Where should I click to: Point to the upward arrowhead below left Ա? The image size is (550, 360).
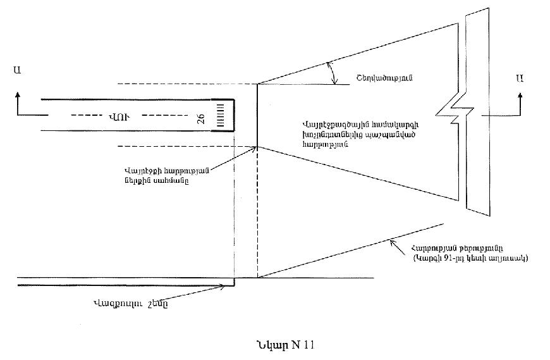(x=17, y=93)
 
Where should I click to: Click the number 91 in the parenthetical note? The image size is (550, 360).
(x=447, y=258)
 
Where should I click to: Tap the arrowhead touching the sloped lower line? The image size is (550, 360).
(x=392, y=241)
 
